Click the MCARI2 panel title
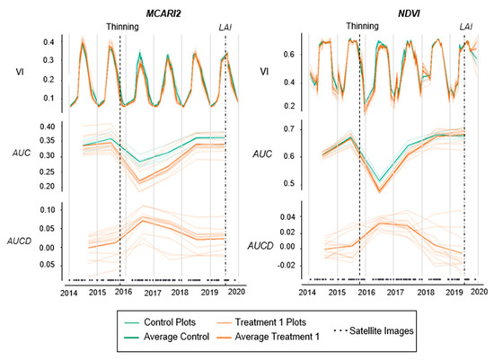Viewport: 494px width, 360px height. (163, 13)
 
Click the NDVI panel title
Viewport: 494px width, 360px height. (409, 13)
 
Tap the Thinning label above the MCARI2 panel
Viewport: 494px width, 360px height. (122, 27)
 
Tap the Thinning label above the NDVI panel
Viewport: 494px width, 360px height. (362, 26)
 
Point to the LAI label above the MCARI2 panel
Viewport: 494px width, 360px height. (225, 28)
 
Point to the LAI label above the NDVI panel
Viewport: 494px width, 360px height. (465, 27)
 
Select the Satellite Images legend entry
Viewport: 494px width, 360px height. (374, 331)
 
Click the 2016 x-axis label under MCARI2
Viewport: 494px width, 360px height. (123, 292)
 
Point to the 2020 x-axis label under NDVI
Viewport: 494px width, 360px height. (480, 292)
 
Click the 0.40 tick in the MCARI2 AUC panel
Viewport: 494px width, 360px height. (48, 127)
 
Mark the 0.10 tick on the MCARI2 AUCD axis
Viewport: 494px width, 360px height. (48, 210)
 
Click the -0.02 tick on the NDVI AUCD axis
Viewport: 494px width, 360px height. (286, 266)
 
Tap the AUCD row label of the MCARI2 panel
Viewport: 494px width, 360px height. (19, 241)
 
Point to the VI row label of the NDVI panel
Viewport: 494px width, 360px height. (264, 72)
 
